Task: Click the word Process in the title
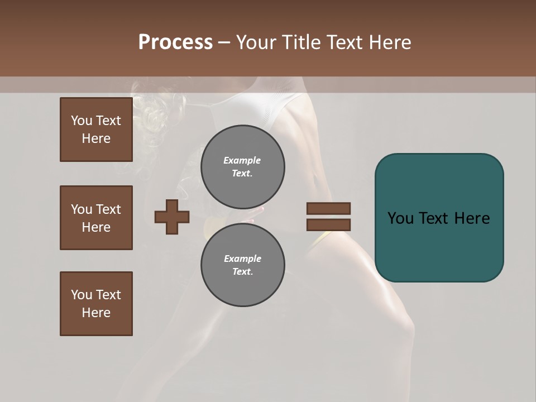(x=175, y=42)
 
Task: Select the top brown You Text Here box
(x=96, y=130)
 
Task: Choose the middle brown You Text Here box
(x=96, y=218)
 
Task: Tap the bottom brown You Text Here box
(x=96, y=304)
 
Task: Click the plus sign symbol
(x=171, y=217)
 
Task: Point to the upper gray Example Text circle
(x=242, y=167)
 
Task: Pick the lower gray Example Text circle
(x=242, y=265)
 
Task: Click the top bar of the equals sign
(x=328, y=208)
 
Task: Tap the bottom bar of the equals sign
(x=328, y=224)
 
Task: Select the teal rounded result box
(x=439, y=218)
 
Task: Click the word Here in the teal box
(x=472, y=218)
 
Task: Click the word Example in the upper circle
(x=242, y=160)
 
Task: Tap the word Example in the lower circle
(x=242, y=259)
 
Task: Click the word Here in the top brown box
(x=96, y=138)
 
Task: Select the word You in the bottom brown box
(x=81, y=295)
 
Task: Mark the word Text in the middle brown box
(x=108, y=209)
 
